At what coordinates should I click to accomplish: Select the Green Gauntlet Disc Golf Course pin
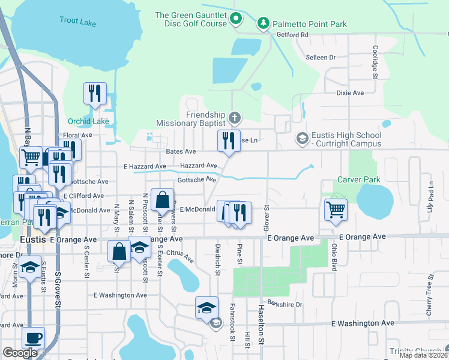236,19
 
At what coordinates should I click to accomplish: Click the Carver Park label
360,179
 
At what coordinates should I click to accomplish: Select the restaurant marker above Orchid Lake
95,93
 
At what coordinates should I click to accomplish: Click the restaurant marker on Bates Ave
228,141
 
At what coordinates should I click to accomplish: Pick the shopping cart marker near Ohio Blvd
336,209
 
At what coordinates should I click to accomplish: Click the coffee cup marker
34,337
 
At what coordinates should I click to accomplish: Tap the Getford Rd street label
292,35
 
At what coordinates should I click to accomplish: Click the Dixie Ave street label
350,93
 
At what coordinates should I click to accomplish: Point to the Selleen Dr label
321,58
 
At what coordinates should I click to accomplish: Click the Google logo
20,353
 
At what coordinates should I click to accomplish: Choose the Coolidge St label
375,62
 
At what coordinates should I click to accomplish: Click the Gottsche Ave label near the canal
196,179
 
